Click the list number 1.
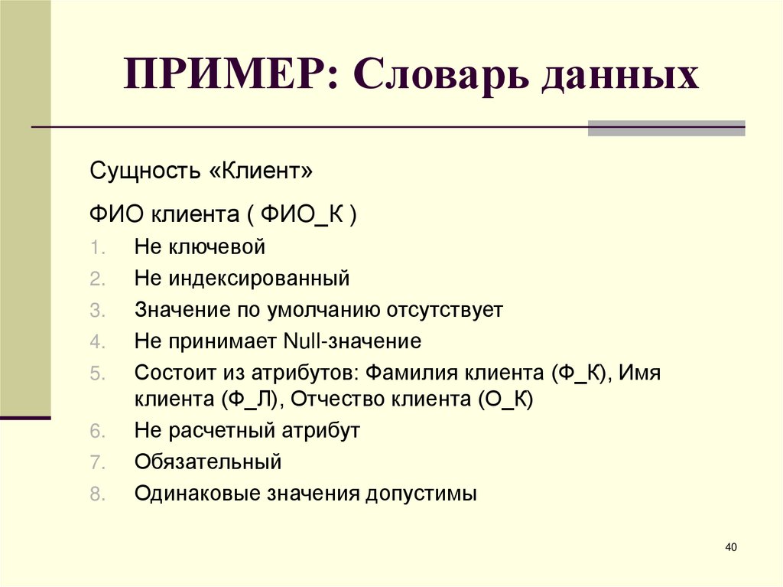(x=95, y=248)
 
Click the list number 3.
(x=95, y=311)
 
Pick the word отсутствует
(x=447, y=310)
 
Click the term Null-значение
(x=352, y=341)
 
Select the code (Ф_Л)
(x=252, y=399)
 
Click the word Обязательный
(x=208, y=462)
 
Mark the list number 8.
(x=95, y=494)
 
